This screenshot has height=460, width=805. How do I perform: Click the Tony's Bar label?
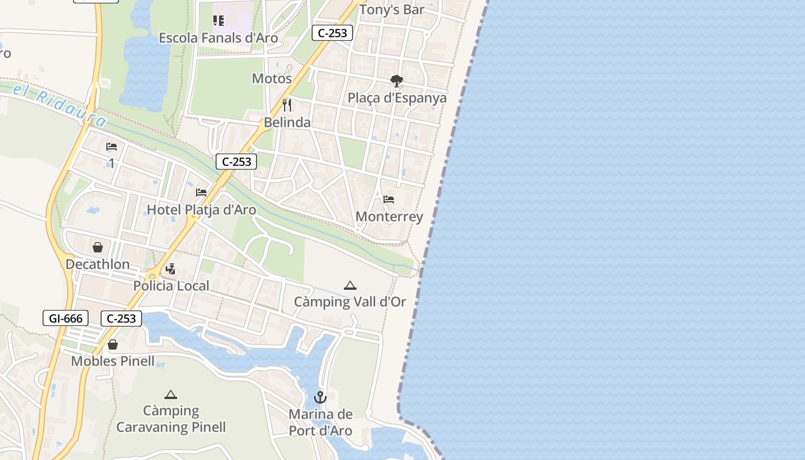click(392, 10)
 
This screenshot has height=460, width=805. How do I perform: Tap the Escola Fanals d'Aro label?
click(218, 38)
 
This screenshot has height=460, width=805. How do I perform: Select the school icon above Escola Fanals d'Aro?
click(218, 21)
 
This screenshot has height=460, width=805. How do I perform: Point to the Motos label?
click(272, 78)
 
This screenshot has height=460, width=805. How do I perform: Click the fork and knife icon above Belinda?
click(287, 105)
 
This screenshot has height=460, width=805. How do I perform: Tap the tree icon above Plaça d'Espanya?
click(396, 81)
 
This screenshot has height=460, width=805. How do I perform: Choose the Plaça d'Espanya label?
click(397, 98)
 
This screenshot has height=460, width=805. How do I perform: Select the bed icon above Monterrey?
click(389, 200)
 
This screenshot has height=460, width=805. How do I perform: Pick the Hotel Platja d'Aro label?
click(201, 210)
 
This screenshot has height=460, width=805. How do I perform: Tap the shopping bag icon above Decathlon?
click(98, 247)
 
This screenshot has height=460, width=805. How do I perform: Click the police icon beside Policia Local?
click(170, 269)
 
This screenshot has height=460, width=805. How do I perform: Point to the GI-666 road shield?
click(66, 318)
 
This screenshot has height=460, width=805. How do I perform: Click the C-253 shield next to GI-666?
click(121, 318)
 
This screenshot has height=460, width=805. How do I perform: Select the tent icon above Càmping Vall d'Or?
click(350, 285)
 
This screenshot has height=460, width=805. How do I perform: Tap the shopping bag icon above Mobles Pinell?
click(113, 344)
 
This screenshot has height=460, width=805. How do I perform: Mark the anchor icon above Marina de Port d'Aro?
click(320, 397)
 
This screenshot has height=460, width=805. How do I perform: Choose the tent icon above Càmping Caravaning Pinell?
click(171, 394)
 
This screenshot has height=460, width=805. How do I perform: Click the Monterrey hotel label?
click(389, 217)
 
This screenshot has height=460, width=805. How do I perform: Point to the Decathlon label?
click(98, 264)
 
